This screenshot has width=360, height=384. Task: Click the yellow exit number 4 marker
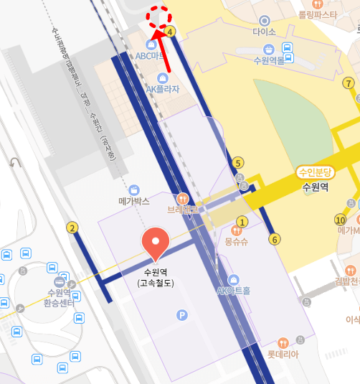(170, 32)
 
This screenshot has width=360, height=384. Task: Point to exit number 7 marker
(349, 83)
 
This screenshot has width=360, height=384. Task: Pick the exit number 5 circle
(238, 162)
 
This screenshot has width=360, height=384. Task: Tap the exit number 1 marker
(242, 222)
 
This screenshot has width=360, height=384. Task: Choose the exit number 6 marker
(274, 239)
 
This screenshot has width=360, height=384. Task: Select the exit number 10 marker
(341, 220)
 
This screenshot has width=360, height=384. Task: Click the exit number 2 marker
(72, 228)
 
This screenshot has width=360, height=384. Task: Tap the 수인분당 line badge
(316, 172)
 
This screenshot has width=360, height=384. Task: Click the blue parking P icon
(182, 314)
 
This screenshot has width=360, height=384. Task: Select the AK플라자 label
(163, 89)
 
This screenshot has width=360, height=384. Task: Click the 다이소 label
(265, 32)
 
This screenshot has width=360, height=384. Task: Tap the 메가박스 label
(134, 202)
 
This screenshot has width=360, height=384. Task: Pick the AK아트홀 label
(233, 291)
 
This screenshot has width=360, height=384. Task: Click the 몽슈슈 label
(237, 242)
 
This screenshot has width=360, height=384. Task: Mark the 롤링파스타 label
(318, 14)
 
